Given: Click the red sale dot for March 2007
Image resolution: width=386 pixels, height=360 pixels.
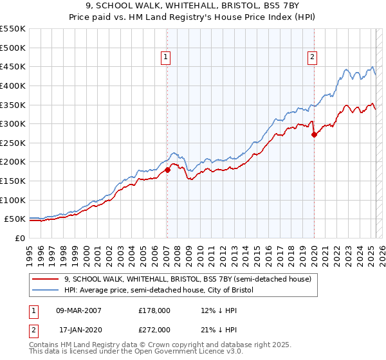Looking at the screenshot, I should tap(167, 170).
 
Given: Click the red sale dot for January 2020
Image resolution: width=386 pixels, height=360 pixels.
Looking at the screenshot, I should tap(314, 134).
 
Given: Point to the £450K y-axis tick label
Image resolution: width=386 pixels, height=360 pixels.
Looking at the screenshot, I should tap(13, 66).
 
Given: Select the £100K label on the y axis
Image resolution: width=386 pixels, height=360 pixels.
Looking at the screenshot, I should tap(13, 200).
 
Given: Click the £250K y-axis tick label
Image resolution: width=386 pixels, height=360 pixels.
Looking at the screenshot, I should tap(13, 143).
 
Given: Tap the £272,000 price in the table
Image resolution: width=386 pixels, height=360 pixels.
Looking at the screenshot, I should tap(154, 329).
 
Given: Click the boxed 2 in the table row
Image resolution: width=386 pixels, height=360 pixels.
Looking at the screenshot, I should tap(34, 329).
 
